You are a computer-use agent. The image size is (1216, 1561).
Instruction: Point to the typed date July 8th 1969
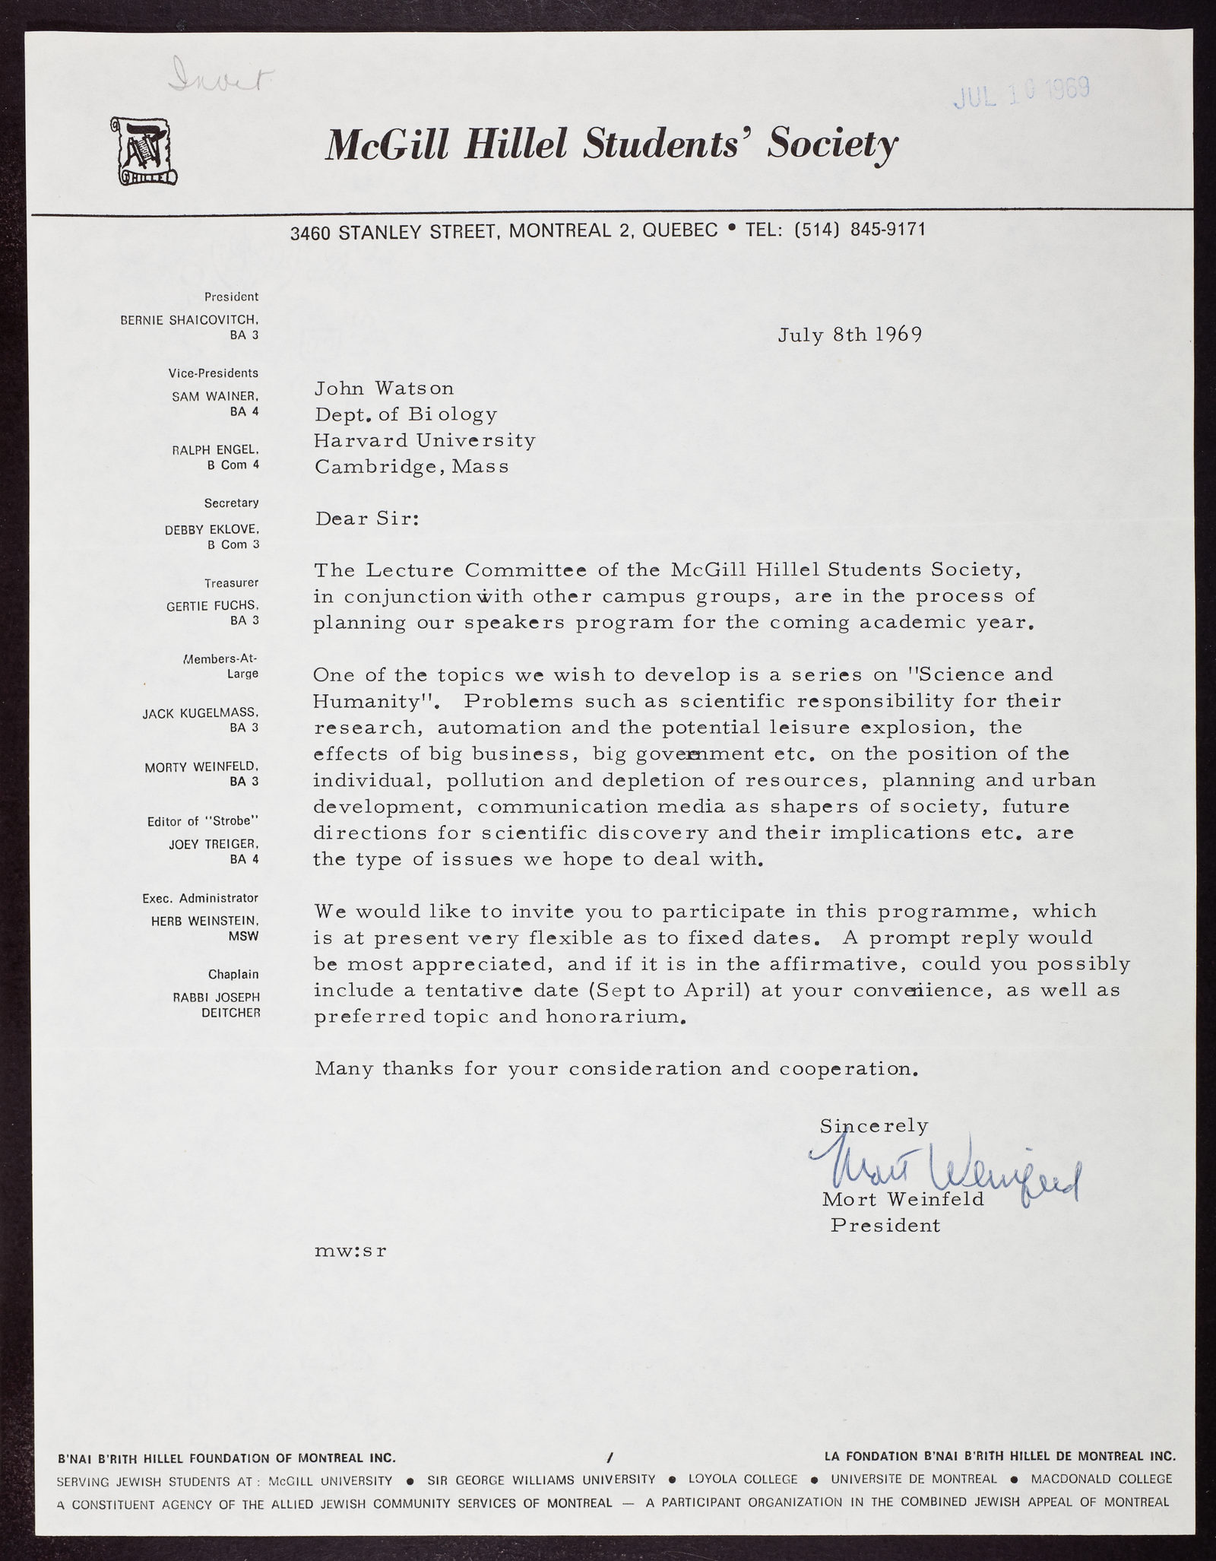coord(850,335)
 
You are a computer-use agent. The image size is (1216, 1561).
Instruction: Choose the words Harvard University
coord(425,440)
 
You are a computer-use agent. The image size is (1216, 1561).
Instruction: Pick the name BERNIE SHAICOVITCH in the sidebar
coord(190,320)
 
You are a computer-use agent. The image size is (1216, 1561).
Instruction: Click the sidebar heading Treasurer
coord(231,582)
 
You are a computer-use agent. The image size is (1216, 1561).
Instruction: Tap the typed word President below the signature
coord(885,1226)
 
